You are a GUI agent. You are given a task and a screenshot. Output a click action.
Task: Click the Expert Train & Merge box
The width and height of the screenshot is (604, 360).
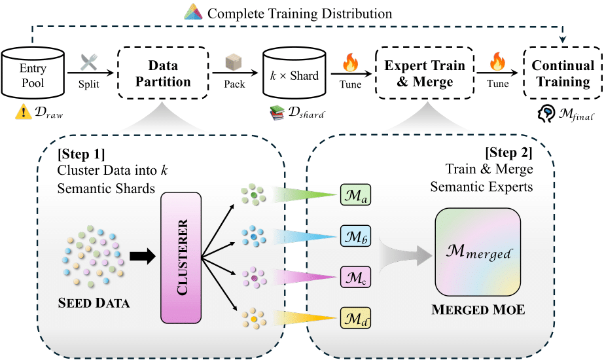tap(424, 74)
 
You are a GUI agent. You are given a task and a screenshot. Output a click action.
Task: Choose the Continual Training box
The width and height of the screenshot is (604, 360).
tap(563, 74)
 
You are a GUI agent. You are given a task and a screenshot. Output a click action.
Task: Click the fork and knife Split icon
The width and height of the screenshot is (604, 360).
tap(88, 63)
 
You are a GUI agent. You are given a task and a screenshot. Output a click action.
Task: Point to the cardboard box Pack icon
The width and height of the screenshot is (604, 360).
tap(234, 63)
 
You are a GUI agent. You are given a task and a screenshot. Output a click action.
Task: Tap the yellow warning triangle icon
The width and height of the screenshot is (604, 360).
tap(20, 114)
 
